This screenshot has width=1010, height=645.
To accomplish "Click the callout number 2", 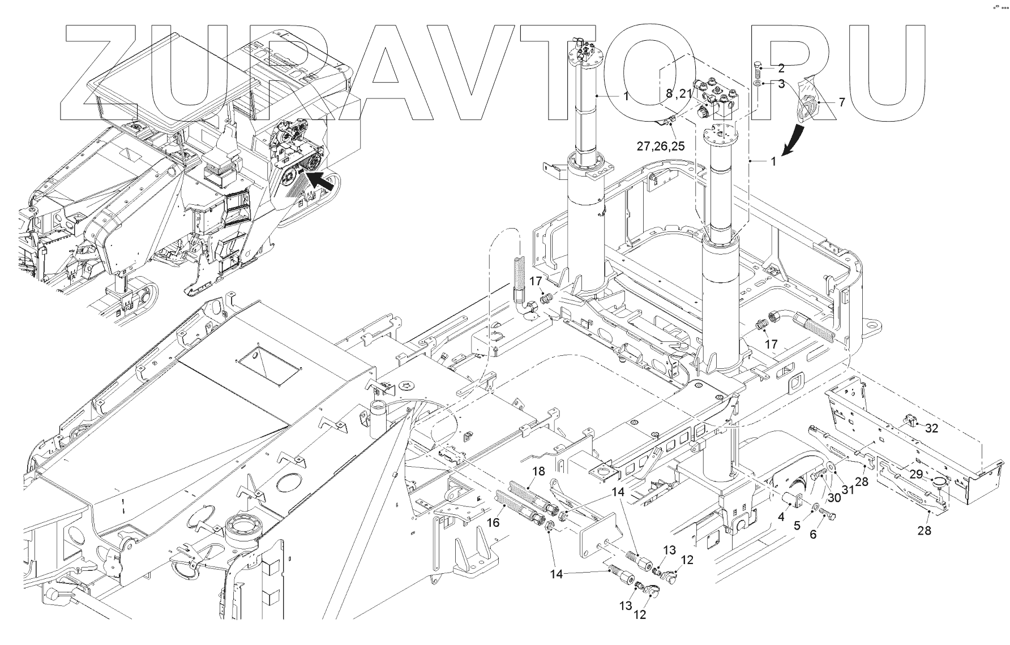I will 781,68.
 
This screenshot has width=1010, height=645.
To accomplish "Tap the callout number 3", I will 781,84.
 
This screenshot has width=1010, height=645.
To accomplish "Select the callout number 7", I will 841,102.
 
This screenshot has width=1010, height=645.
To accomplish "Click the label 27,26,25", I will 661,146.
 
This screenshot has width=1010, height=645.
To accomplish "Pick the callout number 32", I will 931,428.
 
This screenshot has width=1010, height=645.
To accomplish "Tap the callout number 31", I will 848,490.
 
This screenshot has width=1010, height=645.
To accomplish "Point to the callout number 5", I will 797,525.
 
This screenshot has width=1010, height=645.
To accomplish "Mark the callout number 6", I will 814,533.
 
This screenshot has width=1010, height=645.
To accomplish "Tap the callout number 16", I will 493,522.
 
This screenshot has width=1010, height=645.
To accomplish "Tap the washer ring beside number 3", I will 757,84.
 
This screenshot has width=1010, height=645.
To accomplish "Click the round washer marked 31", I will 831,466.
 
